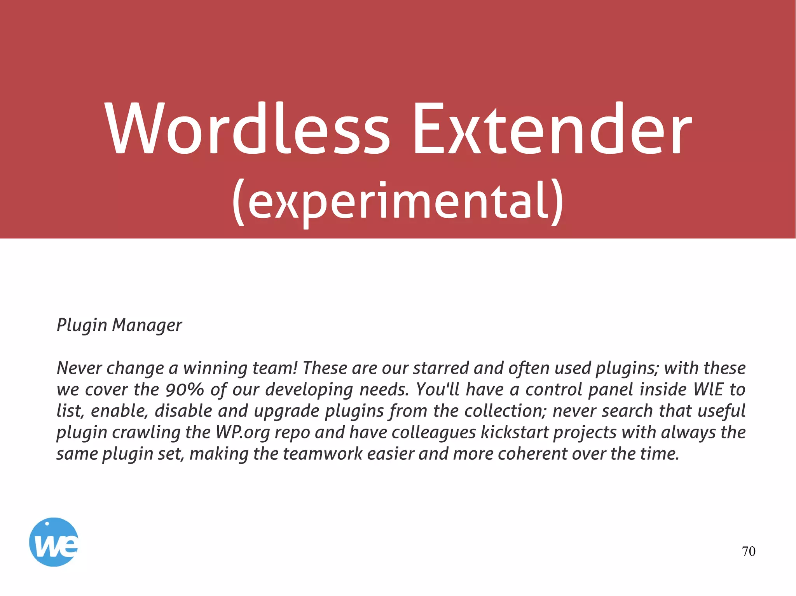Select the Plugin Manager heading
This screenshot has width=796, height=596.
[x=119, y=325]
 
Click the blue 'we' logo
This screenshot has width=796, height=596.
[x=54, y=542]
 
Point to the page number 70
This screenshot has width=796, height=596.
[x=749, y=551]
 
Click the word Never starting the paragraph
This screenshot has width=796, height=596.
[x=79, y=368]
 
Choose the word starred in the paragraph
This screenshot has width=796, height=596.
[x=441, y=368]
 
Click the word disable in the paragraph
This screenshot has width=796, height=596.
[x=183, y=411]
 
